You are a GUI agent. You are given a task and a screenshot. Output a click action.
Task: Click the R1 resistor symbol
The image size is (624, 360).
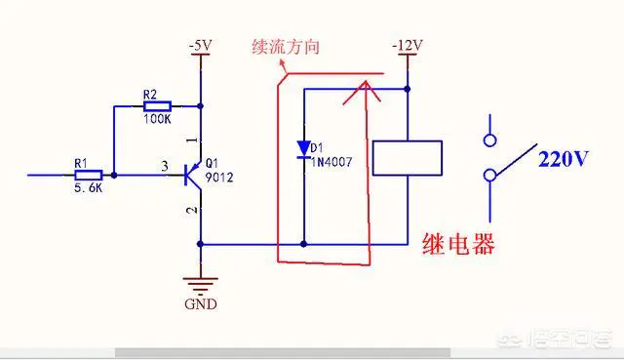(x=89, y=176)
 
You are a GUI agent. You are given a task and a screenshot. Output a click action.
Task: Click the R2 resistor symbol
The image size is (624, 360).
(x=157, y=106)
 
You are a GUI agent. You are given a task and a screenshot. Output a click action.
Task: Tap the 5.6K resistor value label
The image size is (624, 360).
(x=89, y=188)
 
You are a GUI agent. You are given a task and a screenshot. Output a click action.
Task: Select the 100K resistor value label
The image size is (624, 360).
(x=157, y=119)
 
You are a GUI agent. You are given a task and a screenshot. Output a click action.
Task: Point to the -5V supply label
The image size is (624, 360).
(x=201, y=46)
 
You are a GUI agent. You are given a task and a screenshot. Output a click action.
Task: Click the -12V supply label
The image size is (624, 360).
(x=408, y=46)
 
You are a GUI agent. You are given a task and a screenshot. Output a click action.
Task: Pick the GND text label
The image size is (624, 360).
(x=201, y=304)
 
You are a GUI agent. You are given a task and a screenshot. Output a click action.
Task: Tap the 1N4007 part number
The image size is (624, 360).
(x=331, y=162)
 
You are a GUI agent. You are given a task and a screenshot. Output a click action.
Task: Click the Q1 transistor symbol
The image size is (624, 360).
(x=193, y=176)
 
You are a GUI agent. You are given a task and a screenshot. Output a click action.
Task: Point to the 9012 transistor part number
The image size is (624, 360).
(x=219, y=178)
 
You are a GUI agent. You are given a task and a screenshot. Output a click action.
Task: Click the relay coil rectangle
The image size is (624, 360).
(x=408, y=158)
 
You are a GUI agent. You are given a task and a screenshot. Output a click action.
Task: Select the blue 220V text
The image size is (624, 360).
(x=564, y=159)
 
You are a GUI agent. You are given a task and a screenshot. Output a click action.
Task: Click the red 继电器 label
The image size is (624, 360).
(x=458, y=244)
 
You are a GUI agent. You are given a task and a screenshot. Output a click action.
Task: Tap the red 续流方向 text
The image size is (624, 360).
(x=286, y=47)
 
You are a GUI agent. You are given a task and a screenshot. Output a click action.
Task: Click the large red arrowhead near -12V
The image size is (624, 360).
(x=362, y=93)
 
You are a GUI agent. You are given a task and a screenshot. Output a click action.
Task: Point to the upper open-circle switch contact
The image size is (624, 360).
(x=489, y=140)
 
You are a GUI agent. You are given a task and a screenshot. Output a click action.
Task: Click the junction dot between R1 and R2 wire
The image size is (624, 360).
(x=114, y=176)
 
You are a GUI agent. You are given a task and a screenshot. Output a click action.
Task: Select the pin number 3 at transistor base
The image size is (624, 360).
(x=165, y=166)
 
